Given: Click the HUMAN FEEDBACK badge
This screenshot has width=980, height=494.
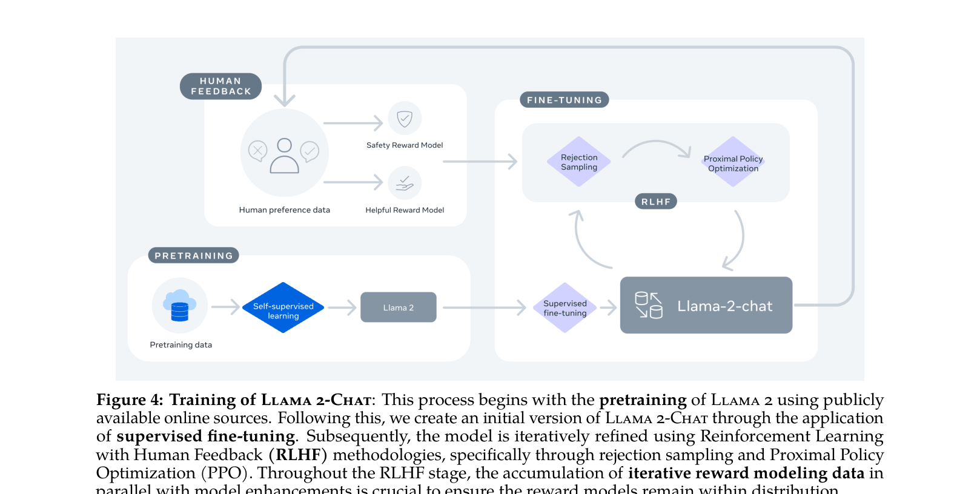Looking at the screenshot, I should click(220, 86).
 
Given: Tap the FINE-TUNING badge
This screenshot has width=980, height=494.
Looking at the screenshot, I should click(564, 100).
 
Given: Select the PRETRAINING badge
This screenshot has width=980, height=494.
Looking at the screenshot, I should click(193, 255).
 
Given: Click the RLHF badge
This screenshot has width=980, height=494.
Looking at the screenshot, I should click(655, 202).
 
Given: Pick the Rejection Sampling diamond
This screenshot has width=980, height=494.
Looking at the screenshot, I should click(578, 162).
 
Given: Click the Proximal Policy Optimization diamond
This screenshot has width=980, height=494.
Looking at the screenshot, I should click(733, 162).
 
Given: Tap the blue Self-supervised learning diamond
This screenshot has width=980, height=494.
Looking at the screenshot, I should click(283, 308).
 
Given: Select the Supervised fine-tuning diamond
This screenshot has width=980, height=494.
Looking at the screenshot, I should click(564, 308).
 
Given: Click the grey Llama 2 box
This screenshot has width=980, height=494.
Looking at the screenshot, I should click(398, 308).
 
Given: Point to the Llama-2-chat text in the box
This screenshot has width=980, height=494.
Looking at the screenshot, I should click(724, 306).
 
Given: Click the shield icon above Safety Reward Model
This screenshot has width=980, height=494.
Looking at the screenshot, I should click(405, 118).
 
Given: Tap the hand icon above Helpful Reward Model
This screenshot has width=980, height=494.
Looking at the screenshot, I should click(405, 183).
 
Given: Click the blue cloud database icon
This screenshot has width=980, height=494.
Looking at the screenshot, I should click(180, 305).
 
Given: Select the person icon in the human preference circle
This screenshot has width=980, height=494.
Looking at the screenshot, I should click(284, 156).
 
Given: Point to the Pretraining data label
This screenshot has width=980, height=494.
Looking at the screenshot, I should click(180, 345).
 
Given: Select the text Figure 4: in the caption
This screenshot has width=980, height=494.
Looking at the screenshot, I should click(130, 400).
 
